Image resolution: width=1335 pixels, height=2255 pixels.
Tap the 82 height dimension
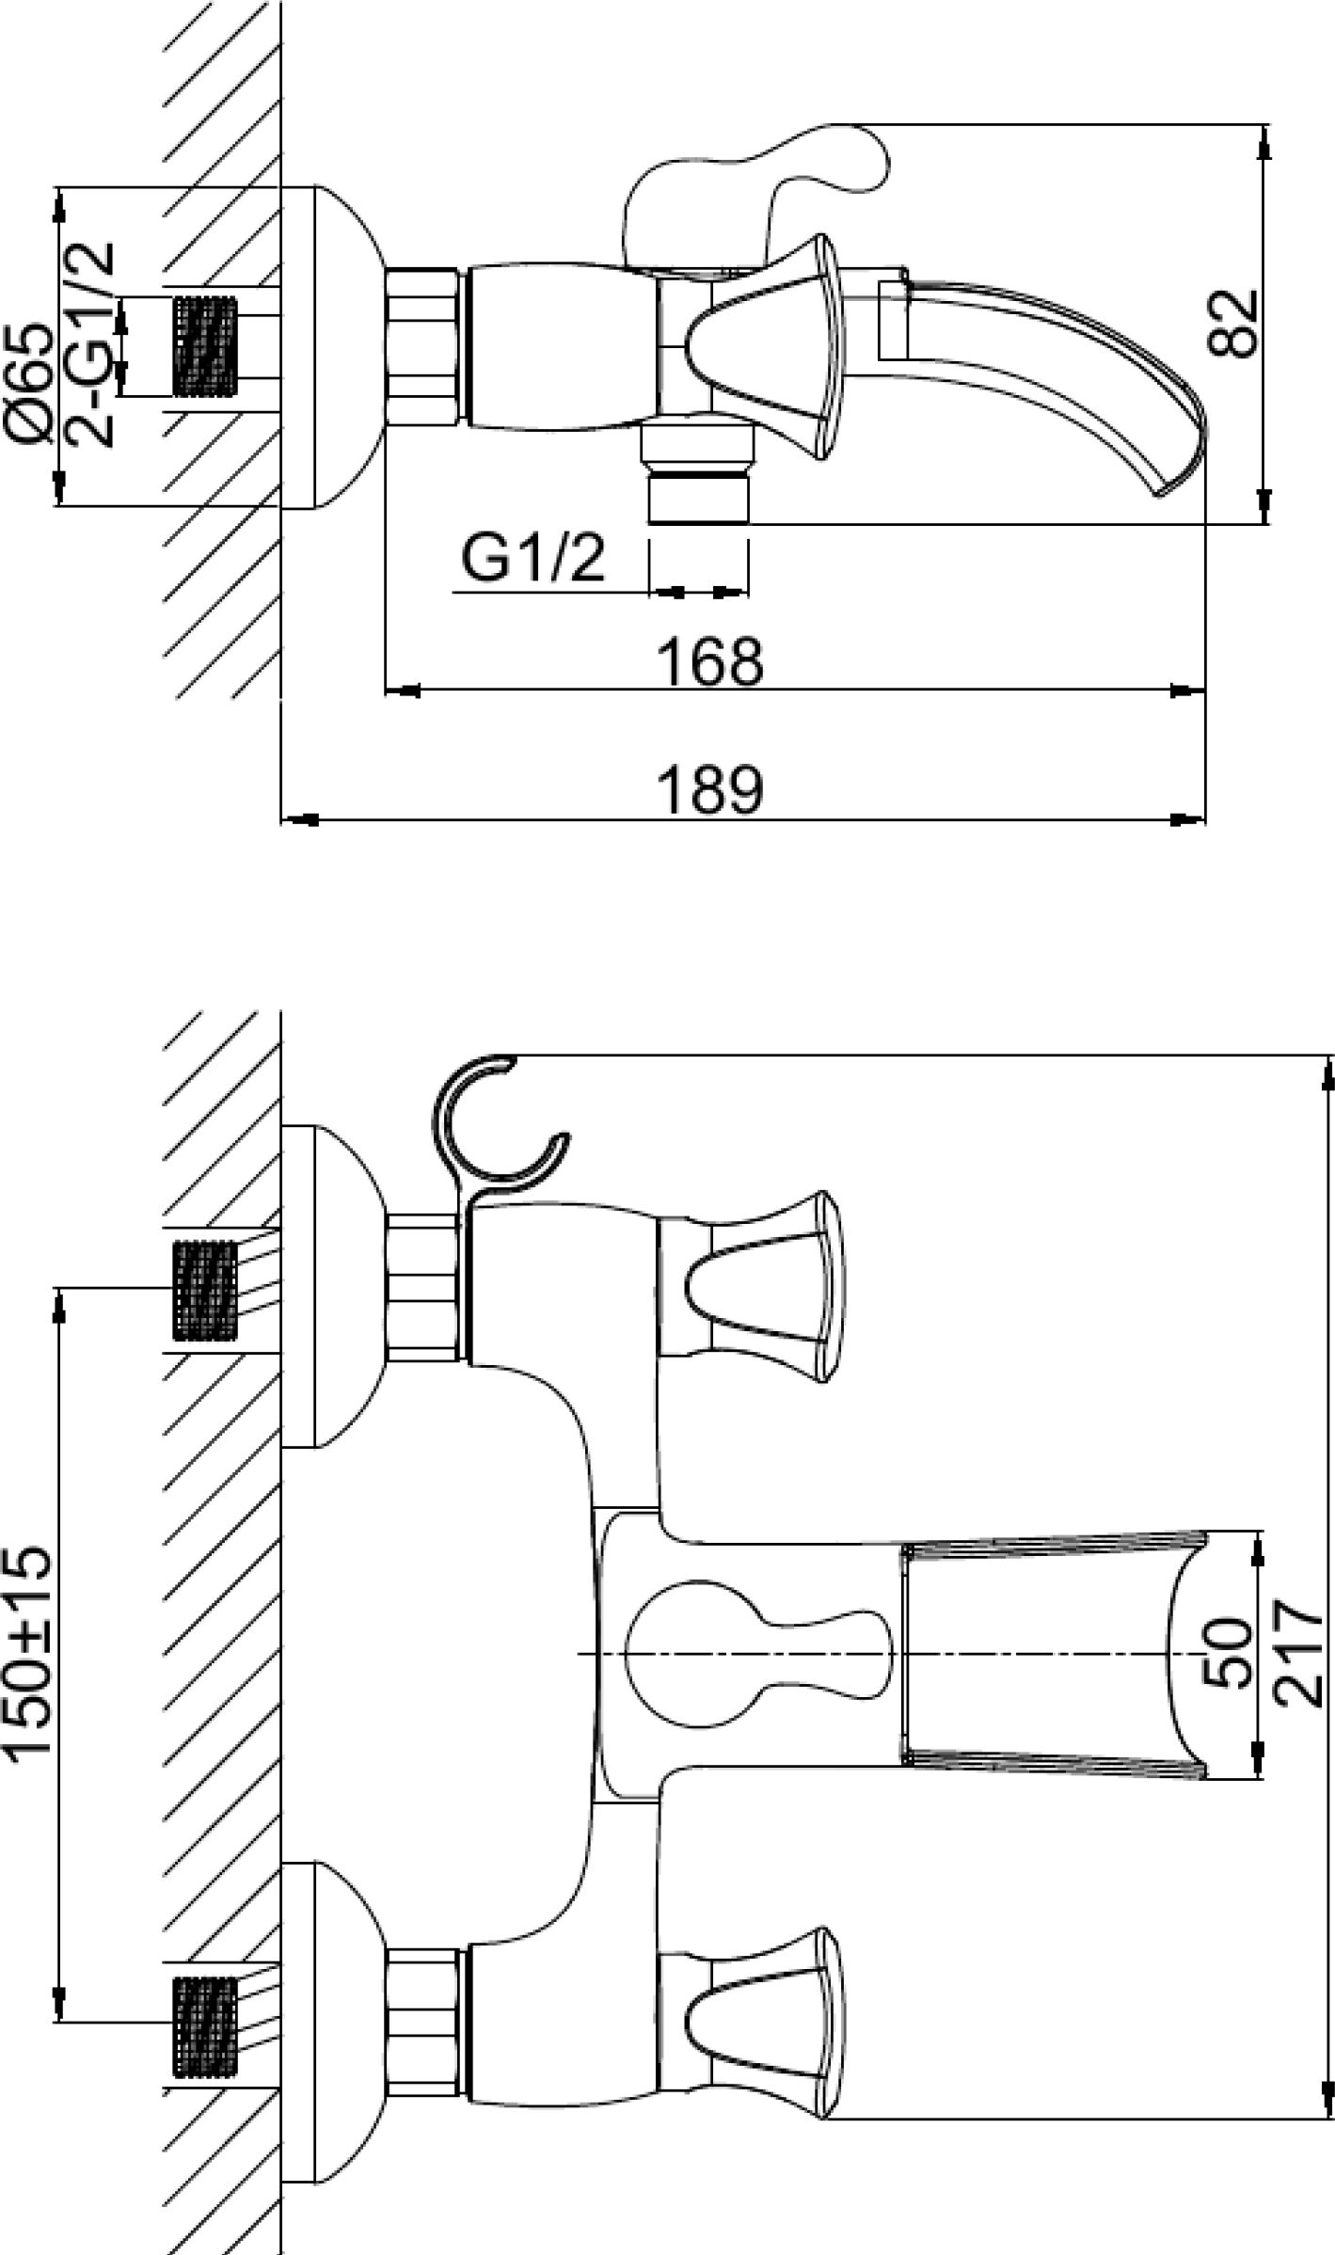(1233, 323)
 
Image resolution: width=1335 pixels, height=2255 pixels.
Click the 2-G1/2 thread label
(89, 344)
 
